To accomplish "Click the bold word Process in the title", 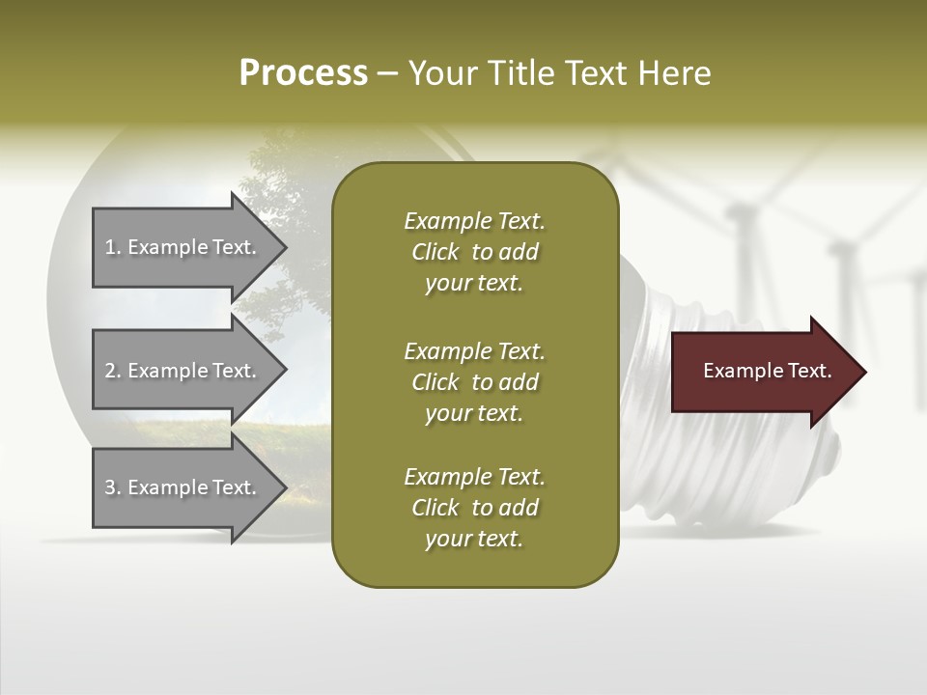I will [x=303, y=73].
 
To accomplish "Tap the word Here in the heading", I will [x=675, y=73].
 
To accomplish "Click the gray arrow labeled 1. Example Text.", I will [x=183, y=247].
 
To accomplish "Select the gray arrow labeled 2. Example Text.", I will [x=183, y=371].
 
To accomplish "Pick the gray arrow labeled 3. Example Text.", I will [x=183, y=487].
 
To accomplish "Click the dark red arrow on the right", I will [x=763, y=372].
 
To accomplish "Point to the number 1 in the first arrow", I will [x=110, y=247].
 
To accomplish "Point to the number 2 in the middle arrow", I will [x=110, y=371].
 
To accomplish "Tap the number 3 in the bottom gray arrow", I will [x=110, y=487].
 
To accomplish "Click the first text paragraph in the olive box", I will [x=474, y=252].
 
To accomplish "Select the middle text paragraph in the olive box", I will [x=474, y=381].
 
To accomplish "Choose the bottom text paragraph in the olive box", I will [x=474, y=508].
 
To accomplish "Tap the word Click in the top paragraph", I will [x=435, y=252].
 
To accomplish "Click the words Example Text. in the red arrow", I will [x=767, y=371].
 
